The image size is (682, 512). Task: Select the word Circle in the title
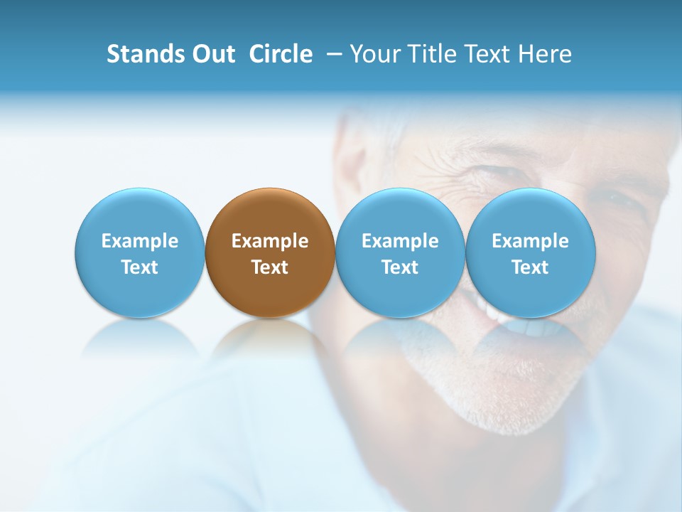coord(281,54)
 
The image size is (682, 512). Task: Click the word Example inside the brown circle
coord(270,241)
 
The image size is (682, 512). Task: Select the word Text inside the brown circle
coord(270,267)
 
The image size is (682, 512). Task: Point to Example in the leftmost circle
coord(139,241)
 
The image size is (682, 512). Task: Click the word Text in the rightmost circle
coord(530,267)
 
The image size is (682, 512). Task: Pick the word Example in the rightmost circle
coord(530,241)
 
